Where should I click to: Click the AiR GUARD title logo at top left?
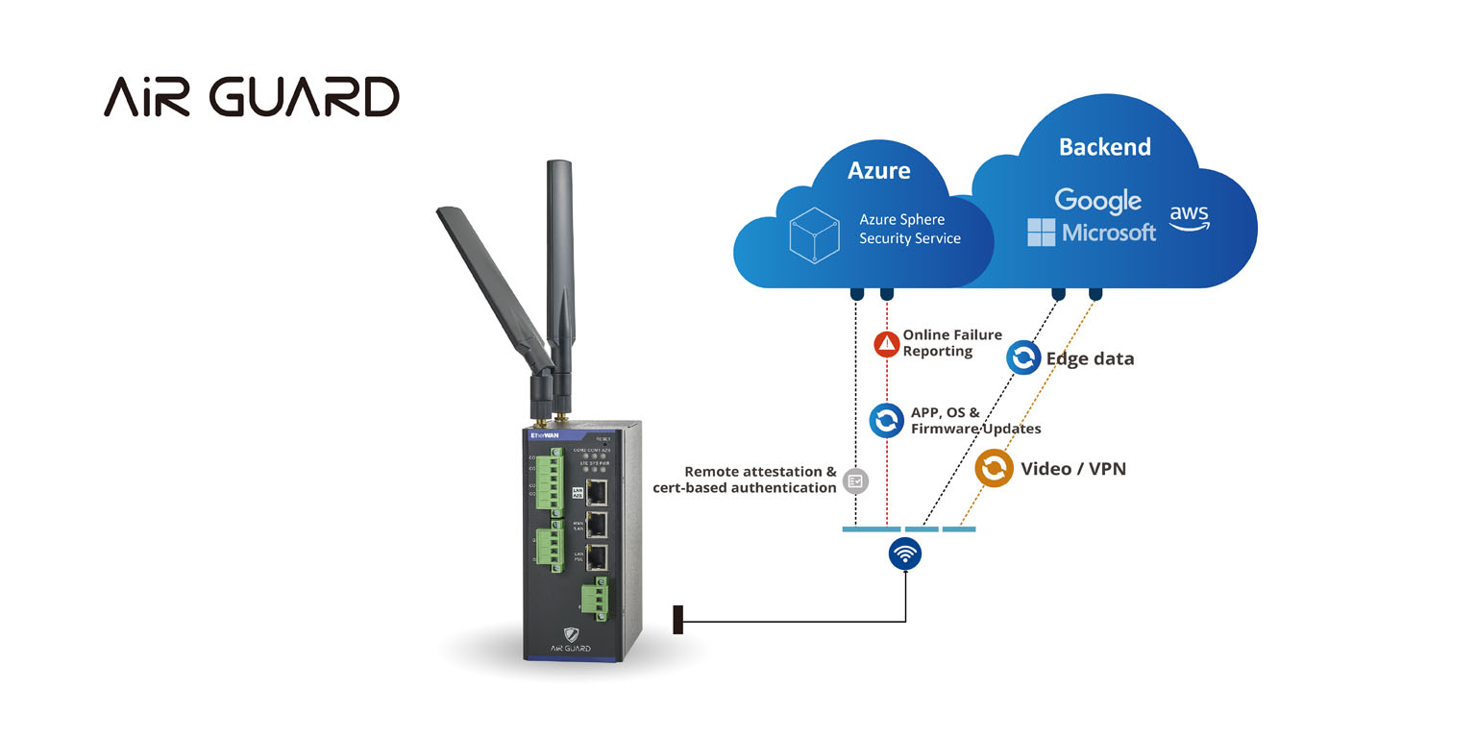251,97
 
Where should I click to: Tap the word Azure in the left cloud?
878,170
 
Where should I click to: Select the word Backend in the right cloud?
1104,147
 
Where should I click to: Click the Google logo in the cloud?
1097,201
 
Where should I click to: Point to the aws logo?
1189,218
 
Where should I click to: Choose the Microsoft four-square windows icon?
1041,232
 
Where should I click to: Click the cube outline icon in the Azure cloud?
815,234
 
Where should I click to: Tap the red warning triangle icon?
887,344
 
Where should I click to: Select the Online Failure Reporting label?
950,343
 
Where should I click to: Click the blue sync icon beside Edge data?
1023,358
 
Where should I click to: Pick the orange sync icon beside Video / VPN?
994,468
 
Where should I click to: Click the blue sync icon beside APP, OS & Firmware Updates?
886,420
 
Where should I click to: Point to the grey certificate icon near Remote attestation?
855,480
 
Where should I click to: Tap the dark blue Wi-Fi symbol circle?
905,553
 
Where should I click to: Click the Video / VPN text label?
1072,469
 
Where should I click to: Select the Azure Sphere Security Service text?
909,229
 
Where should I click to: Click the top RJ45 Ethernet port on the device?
596,491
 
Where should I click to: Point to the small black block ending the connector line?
677,620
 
